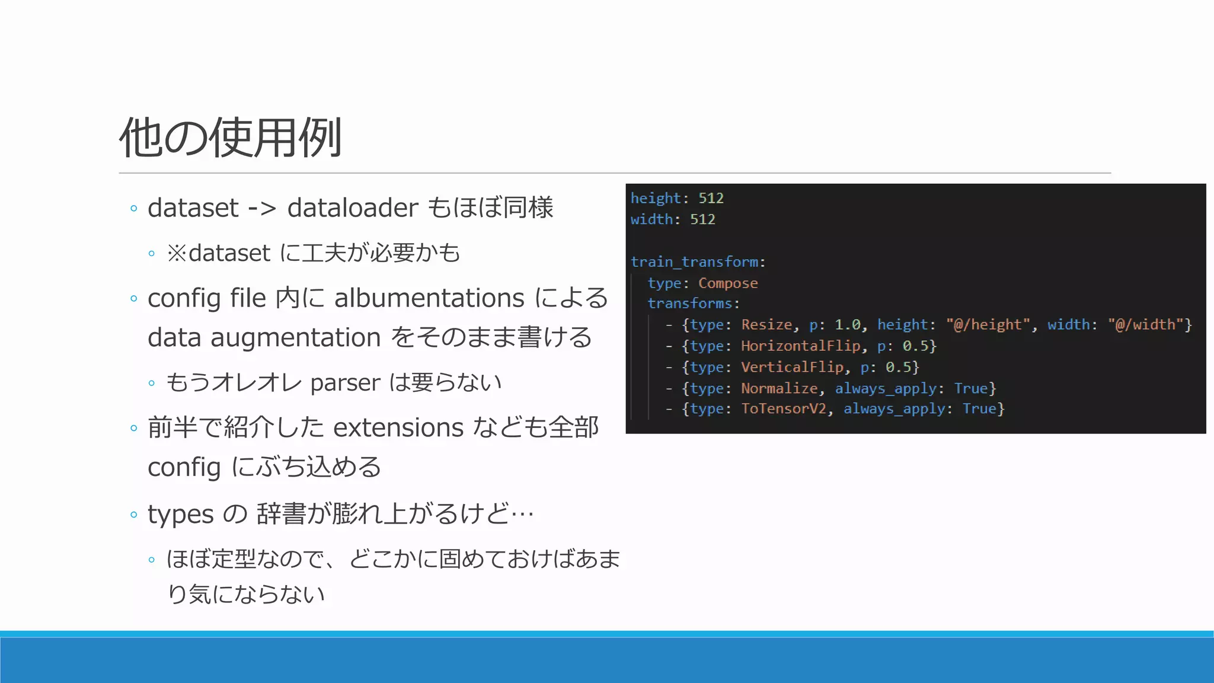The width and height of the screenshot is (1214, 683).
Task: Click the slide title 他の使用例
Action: (x=230, y=138)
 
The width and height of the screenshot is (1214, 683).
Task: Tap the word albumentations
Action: (x=429, y=298)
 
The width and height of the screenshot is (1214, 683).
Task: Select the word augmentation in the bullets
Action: (x=295, y=338)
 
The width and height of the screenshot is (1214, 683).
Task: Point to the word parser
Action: (x=345, y=383)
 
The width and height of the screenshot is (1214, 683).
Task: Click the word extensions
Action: (x=398, y=428)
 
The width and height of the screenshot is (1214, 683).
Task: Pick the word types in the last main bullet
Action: (x=180, y=514)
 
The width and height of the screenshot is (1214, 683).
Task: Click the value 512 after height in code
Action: (x=711, y=198)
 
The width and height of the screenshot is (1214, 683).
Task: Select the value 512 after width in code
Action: (x=702, y=219)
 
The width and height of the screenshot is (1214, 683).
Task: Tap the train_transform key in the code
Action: (x=694, y=262)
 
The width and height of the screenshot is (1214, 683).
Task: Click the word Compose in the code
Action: (x=728, y=283)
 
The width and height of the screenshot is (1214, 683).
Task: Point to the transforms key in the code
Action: (x=689, y=304)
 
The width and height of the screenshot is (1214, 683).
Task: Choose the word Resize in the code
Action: (x=766, y=325)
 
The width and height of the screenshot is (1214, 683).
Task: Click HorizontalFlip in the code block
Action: (x=800, y=346)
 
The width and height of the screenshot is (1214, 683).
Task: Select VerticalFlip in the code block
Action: (x=792, y=368)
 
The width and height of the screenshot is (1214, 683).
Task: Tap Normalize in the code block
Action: (x=779, y=389)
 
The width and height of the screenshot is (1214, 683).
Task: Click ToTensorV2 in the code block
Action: (x=783, y=409)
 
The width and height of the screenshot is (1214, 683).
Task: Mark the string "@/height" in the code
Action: (x=988, y=325)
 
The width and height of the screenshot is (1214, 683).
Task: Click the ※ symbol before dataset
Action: (x=177, y=254)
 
